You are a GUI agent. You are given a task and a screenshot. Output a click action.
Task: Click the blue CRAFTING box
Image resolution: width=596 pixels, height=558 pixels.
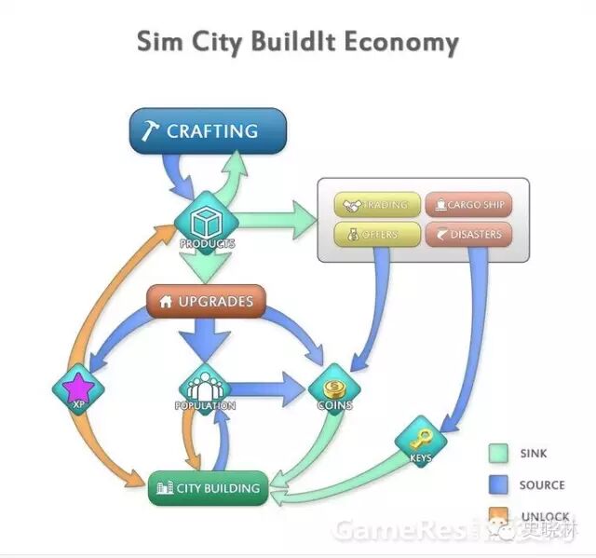coord(207,131)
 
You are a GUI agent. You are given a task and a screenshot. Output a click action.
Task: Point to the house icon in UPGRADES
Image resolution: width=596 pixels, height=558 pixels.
coord(167,302)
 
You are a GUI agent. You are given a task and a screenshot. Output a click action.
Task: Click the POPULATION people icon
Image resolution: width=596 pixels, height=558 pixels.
coord(204,384)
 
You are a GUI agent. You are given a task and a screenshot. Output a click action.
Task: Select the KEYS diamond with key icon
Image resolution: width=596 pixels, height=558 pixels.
coord(421,436)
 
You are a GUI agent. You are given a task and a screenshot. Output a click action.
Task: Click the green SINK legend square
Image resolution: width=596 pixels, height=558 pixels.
coord(500,454)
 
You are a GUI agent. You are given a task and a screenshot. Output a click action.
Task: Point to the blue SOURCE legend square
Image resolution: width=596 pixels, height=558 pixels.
coord(500,484)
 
